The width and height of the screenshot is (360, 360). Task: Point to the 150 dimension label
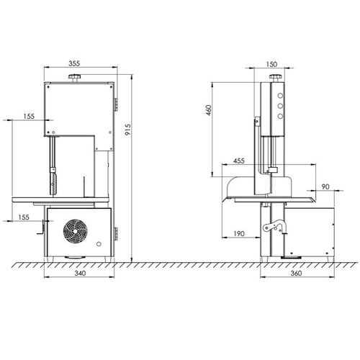click(x=272, y=64)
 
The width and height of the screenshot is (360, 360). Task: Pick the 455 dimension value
click(x=240, y=163)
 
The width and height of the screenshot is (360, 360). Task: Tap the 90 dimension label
click(x=325, y=187)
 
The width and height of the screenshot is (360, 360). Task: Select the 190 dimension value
click(x=240, y=233)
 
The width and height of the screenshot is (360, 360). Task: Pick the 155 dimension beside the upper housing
click(x=27, y=116)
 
